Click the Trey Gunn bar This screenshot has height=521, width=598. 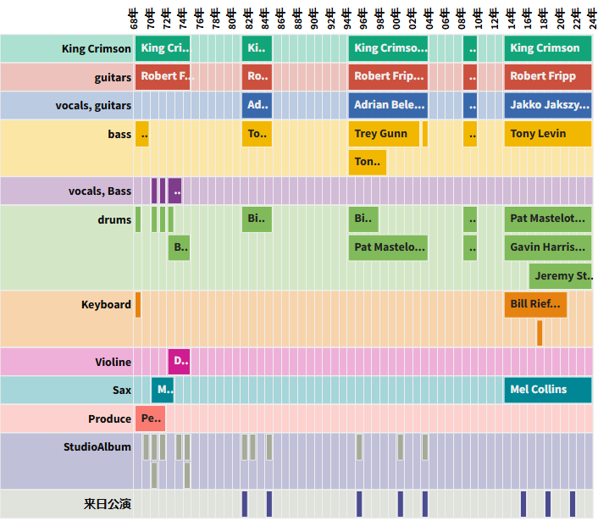point(384,134)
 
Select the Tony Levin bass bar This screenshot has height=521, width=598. point(547,134)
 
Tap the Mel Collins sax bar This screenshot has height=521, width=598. point(547,390)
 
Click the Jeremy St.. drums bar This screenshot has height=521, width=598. point(561,276)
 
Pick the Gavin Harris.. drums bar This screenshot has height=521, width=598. point(547,247)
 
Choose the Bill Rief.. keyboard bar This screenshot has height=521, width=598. point(535,304)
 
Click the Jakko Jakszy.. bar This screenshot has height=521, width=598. point(547,105)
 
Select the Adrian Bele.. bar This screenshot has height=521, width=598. point(388,105)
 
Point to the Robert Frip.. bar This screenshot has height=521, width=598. point(388,76)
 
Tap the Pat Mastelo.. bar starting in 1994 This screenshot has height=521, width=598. point(388,247)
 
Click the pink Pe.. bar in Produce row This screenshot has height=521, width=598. point(150,418)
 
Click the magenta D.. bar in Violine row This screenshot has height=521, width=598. point(179,362)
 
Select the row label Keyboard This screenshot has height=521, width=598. point(106,304)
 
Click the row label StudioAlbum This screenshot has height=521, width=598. point(97,446)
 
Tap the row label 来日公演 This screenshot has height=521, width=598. point(108,504)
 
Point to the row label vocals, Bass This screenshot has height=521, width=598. point(100,191)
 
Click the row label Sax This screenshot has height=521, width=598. point(121,390)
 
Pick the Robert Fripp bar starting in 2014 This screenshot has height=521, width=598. point(547,76)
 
